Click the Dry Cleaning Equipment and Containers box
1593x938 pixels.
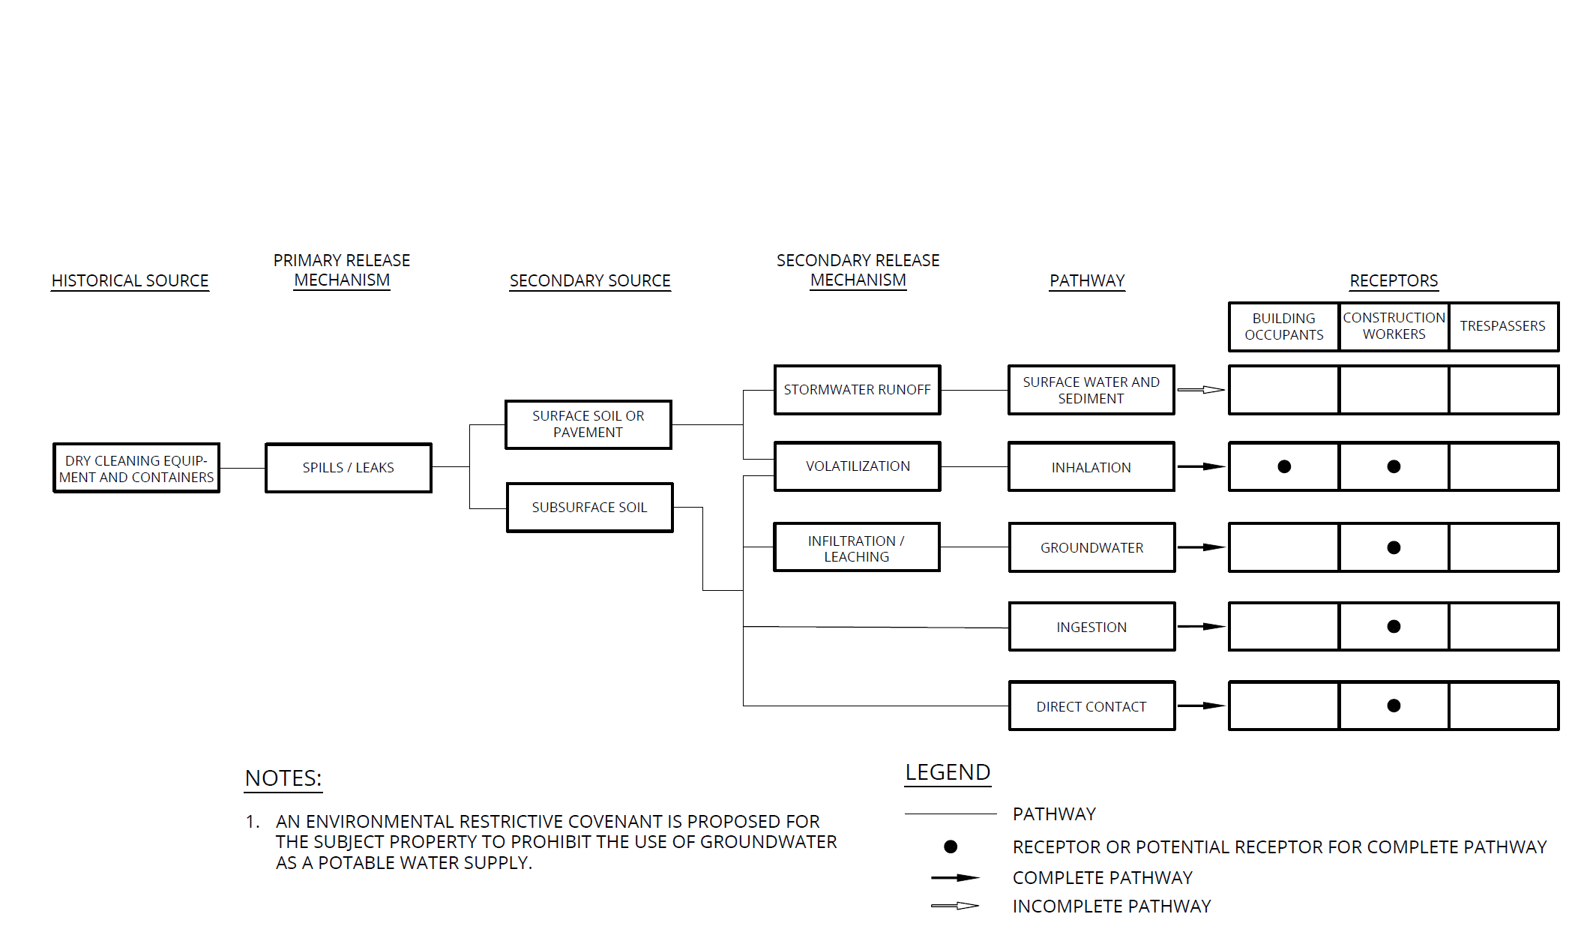click(136, 468)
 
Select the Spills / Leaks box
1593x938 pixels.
click(348, 468)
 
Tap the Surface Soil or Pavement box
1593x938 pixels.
click(588, 424)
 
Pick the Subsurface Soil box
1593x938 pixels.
click(589, 508)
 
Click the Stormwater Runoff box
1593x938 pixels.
click(857, 390)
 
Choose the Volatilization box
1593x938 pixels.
click(857, 466)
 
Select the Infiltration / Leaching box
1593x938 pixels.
click(856, 548)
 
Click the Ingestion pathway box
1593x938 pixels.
click(1091, 627)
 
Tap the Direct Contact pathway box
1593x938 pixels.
click(1091, 706)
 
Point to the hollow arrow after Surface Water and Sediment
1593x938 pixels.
click(1201, 390)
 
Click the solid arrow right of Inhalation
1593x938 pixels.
click(1201, 466)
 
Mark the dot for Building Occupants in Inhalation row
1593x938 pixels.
click(1284, 466)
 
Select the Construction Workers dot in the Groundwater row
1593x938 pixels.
click(1394, 547)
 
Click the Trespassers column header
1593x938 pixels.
click(1503, 326)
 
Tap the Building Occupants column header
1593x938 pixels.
click(1284, 326)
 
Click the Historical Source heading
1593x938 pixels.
click(130, 280)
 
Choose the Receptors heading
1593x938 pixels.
click(1394, 280)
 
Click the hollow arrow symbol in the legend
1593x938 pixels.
click(955, 906)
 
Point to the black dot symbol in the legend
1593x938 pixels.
click(951, 847)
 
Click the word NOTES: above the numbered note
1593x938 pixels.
click(283, 778)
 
